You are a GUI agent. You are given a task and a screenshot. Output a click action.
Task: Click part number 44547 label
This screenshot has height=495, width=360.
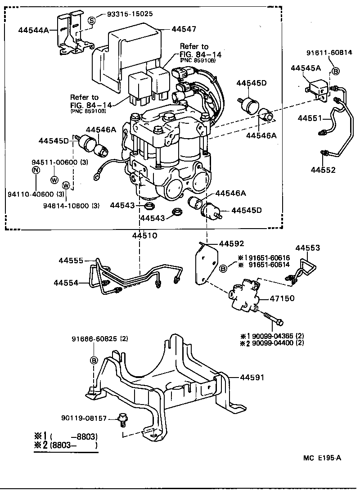184,29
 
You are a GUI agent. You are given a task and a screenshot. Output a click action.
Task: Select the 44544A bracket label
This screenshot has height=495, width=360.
34,30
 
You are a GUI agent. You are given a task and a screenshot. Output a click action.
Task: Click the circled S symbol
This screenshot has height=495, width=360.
92,20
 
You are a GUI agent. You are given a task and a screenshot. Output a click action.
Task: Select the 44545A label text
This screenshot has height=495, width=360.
306,68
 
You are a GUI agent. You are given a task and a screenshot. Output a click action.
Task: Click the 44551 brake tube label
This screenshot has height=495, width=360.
310,118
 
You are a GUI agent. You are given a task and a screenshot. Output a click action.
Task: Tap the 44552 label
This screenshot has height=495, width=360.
323,170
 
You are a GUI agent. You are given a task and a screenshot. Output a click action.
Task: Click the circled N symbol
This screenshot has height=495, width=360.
36,170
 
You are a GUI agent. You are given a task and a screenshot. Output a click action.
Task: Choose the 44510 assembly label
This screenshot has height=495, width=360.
145,235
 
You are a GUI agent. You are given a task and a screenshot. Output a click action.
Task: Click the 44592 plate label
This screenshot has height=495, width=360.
231,244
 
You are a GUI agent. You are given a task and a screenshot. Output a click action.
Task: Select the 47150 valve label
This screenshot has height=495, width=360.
282,298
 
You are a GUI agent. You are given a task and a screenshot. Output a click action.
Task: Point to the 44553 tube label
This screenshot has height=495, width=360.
308,248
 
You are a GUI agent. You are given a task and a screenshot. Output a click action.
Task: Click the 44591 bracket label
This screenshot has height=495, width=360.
252,377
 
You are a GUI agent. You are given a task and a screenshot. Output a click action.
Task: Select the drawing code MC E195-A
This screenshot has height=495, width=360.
322,458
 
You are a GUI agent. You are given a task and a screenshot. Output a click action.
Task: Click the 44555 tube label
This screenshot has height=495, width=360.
71,261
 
